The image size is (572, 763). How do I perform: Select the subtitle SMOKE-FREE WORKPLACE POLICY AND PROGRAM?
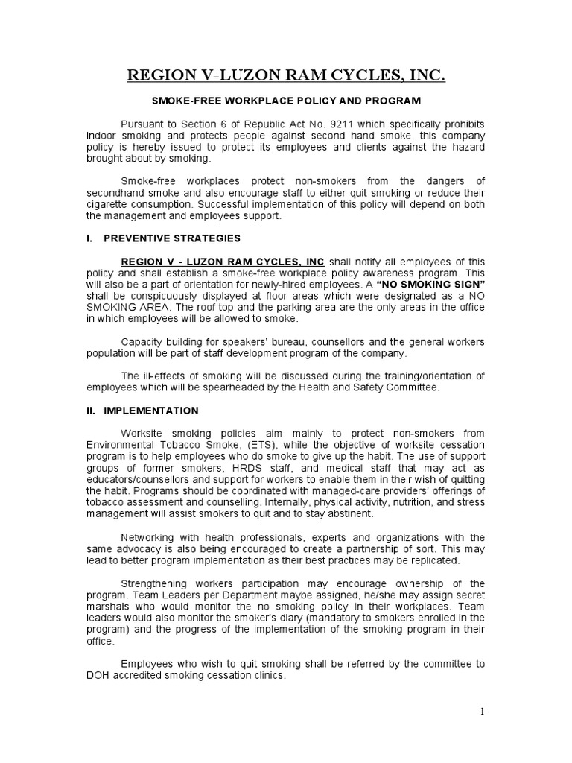pyautogui.click(x=286, y=100)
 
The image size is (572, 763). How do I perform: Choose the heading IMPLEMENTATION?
pyautogui.click(x=151, y=411)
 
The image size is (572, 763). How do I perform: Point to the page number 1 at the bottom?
pyautogui.click(x=482, y=712)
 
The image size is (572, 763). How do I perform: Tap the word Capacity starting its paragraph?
pyautogui.click(x=142, y=341)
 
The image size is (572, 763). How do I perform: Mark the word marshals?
pyautogui.click(x=107, y=607)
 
